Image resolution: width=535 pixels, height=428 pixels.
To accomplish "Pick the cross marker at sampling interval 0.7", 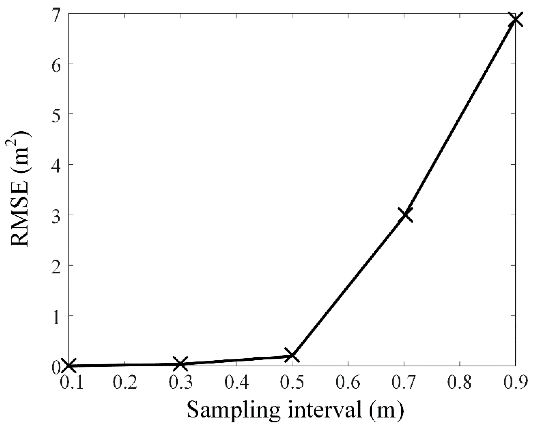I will coord(404,215).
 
